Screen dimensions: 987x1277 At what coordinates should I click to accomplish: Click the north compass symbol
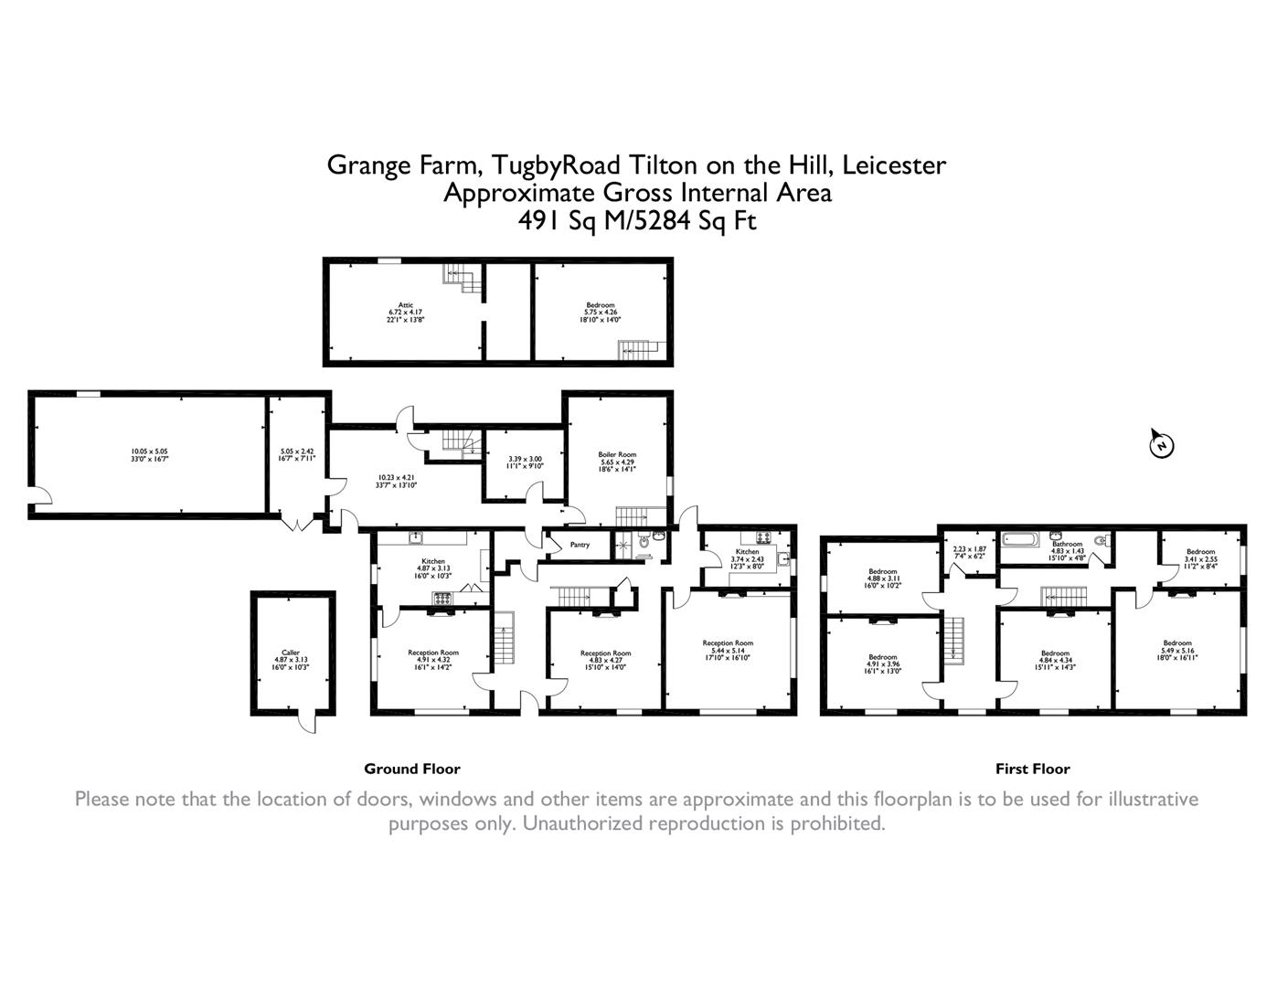[x=1161, y=445]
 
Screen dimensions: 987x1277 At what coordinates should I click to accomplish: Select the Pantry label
[x=580, y=545]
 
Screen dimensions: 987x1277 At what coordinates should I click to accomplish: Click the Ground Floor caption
[x=412, y=769]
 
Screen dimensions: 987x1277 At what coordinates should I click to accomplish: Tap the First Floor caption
[x=1032, y=769]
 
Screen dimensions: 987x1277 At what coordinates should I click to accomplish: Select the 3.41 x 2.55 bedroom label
[x=1200, y=559]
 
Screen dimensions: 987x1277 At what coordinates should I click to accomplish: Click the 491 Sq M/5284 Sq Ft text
[x=637, y=220]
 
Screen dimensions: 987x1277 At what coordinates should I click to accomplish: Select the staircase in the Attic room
[x=464, y=278]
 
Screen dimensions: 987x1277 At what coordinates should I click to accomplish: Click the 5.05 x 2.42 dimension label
[x=297, y=454]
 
